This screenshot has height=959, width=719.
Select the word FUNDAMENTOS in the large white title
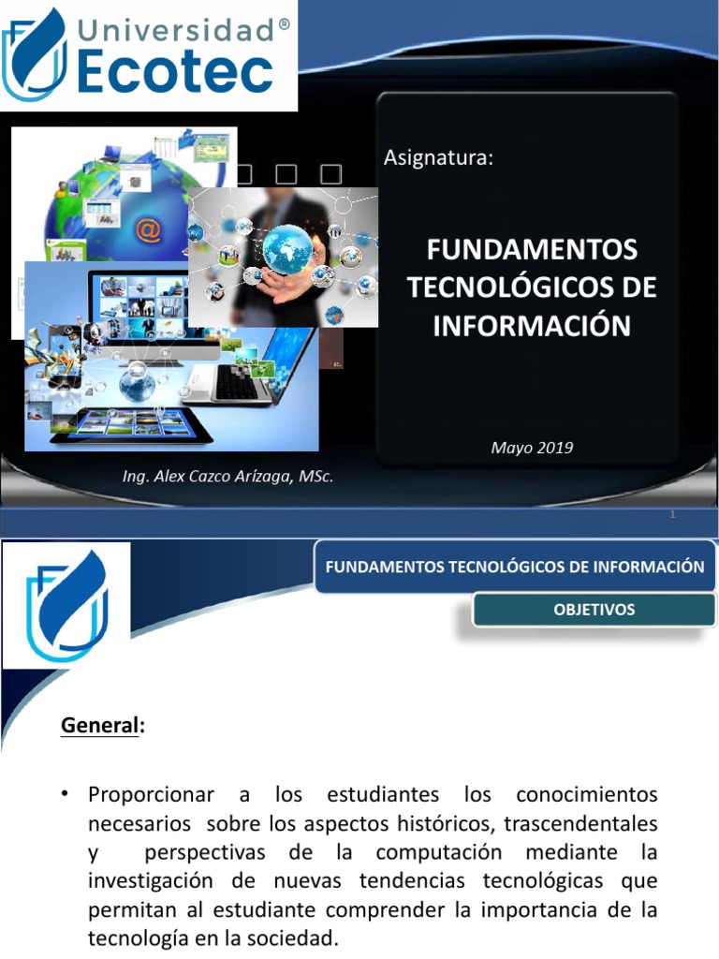(532, 251)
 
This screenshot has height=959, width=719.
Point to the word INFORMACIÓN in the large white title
(532, 325)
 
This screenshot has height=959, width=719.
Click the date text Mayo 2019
(532, 448)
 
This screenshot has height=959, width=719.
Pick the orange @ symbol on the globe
(148, 229)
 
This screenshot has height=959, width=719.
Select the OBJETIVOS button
(594, 610)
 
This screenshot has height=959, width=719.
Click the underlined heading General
(98, 725)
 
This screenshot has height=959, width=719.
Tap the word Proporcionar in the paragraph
(150, 795)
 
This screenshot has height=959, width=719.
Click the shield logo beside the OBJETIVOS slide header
(66, 604)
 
